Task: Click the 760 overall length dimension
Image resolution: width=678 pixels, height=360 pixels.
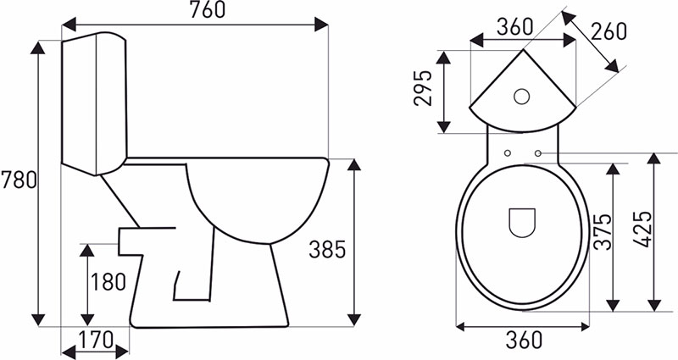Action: pyautogui.click(x=208, y=10)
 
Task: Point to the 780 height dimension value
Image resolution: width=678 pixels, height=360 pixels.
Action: pyautogui.click(x=19, y=180)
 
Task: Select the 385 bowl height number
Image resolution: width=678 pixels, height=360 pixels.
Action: pyautogui.click(x=327, y=249)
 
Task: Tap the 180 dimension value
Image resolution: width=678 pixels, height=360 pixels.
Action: pyautogui.click(x=108, y=282)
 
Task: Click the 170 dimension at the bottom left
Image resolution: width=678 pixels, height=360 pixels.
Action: pyautogui.click(x=96, y=340)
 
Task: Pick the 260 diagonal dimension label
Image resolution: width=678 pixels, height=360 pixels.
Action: pyautogui.click(x=609, y=31)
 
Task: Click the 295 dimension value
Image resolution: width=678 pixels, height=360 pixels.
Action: pyautogui.click(x=423, y=88)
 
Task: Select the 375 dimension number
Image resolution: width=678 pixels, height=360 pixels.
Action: pyautogui.click(x=603, y=231)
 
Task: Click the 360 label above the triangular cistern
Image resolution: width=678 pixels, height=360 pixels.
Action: pyautogui.click(x=514, y=27)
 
